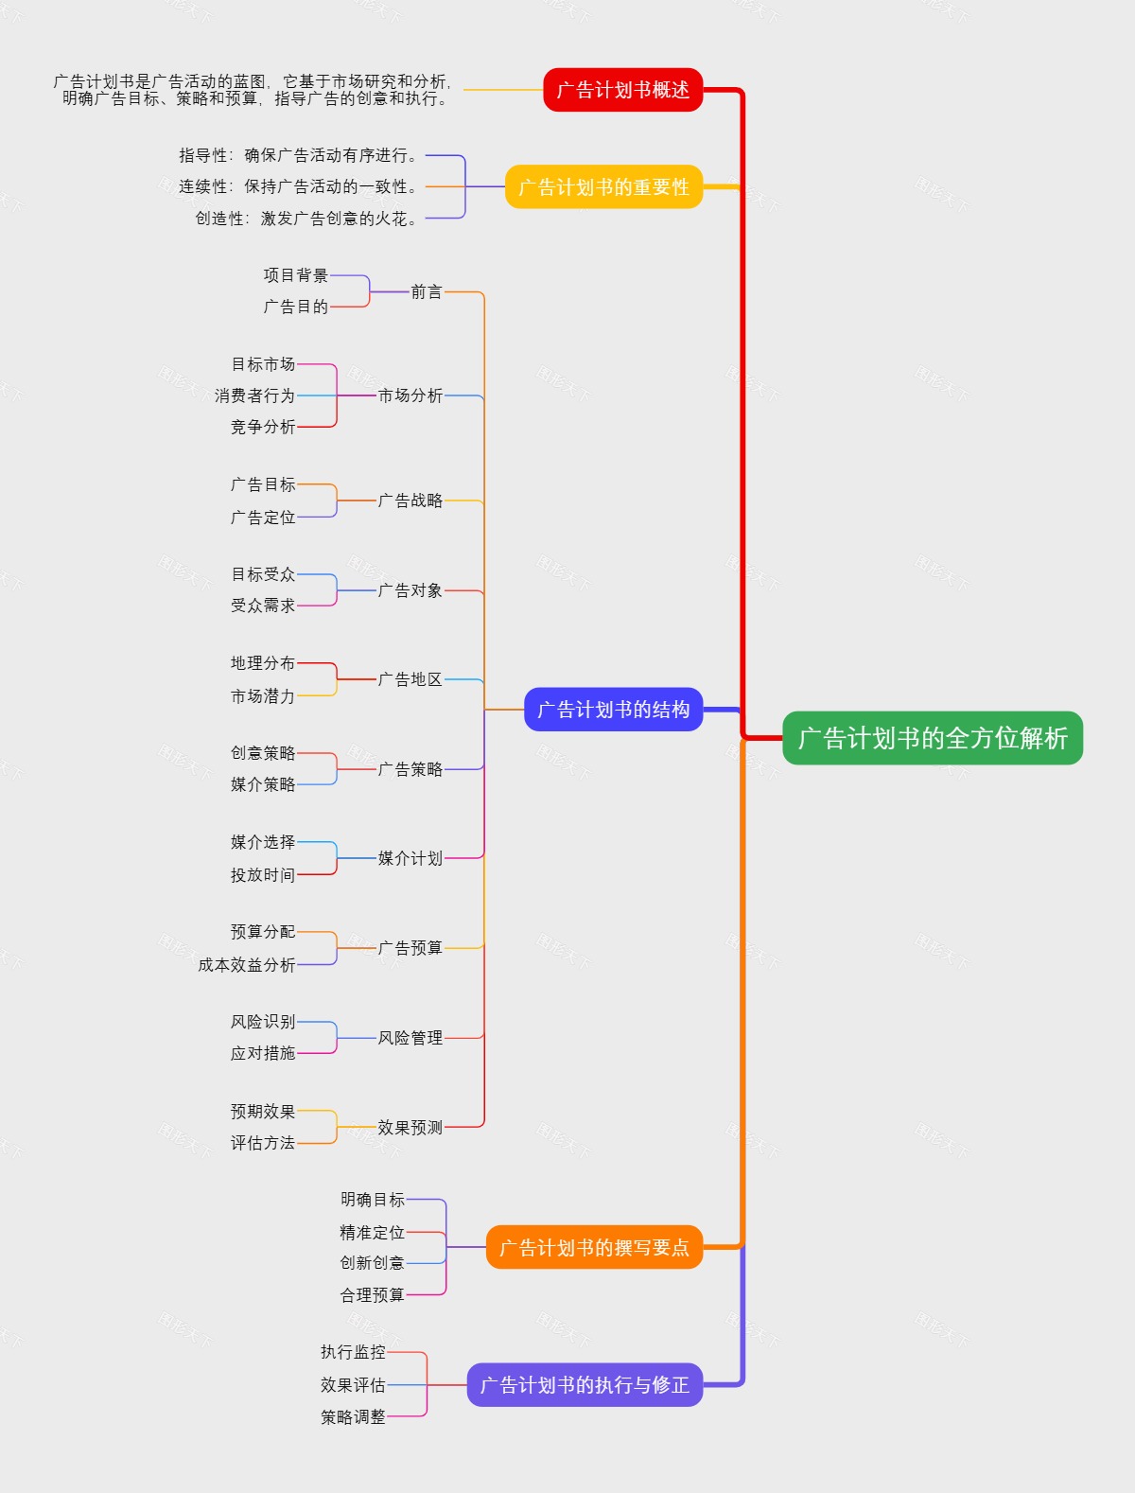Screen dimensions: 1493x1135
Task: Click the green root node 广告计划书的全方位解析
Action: [x=933, y=738]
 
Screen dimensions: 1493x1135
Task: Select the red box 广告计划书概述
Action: [x=622, y=90]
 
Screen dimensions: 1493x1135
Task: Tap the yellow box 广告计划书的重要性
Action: [x=603, y=187]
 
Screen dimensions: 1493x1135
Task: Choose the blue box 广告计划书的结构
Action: [x=613, y=710]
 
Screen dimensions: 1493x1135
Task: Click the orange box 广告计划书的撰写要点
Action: [x=594, y=1247]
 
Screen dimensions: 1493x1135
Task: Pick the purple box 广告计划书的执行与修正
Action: [x=585, y=1385]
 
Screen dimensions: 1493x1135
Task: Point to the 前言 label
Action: [x=427, y=291]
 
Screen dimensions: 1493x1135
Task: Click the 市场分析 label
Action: [x=410, y=395]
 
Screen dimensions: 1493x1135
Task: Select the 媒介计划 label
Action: [x=410, y=858]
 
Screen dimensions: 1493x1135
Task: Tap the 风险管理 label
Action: [x=410, y=1038]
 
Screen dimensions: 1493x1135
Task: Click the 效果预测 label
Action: [x=410, y=1128]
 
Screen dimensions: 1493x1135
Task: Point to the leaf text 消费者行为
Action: [x=254, y=395]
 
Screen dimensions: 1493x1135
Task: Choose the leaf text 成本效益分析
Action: [x=247, y=965]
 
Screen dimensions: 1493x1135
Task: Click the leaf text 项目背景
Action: [x=296, y=275]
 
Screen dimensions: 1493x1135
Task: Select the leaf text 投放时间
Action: [x=263, y=875]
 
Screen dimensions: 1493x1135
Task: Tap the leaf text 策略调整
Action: [x=353, y=1417]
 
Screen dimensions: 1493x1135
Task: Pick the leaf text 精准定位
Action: [x=373, y=1233]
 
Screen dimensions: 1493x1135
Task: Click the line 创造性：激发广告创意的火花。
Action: [x=306, y=219]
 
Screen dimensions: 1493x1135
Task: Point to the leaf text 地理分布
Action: [x=263, y=663]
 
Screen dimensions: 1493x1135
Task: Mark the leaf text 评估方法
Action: [x=263, y=1143]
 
